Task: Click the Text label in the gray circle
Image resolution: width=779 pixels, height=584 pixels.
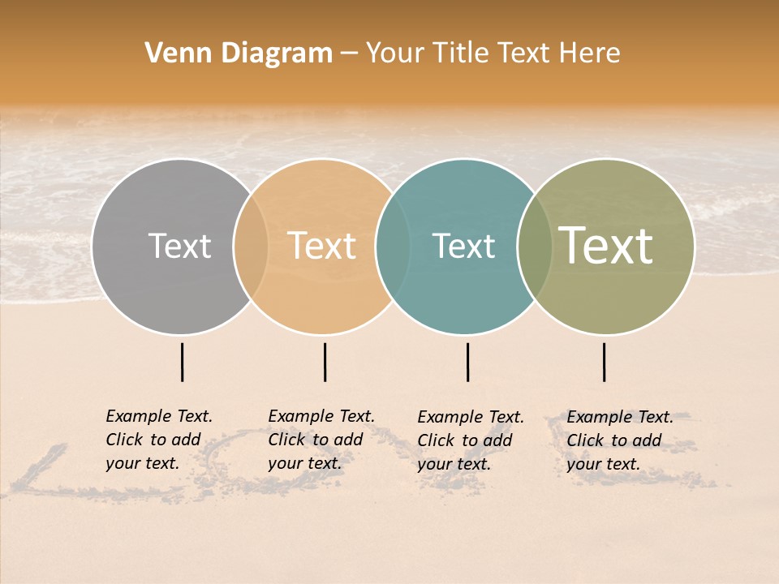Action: point(179,246)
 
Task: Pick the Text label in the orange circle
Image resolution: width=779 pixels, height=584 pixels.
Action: point(322,246)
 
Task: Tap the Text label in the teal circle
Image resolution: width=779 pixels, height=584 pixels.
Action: point(463,246)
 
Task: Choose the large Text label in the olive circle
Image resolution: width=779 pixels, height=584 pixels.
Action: point(606,246)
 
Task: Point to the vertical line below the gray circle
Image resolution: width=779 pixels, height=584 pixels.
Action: point(183,362)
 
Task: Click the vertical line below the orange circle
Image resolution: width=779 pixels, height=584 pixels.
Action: point(325,362)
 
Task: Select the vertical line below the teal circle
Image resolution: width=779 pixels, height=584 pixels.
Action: point(467,362)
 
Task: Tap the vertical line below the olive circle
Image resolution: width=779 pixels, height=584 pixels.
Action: point(605,362)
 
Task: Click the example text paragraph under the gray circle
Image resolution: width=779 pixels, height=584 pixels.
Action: point(159,440)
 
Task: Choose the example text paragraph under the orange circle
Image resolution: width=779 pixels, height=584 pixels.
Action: point(321,440)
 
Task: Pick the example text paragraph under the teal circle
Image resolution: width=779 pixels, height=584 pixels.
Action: point(471,440)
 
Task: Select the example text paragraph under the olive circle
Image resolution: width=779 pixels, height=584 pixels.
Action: point(620,440)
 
